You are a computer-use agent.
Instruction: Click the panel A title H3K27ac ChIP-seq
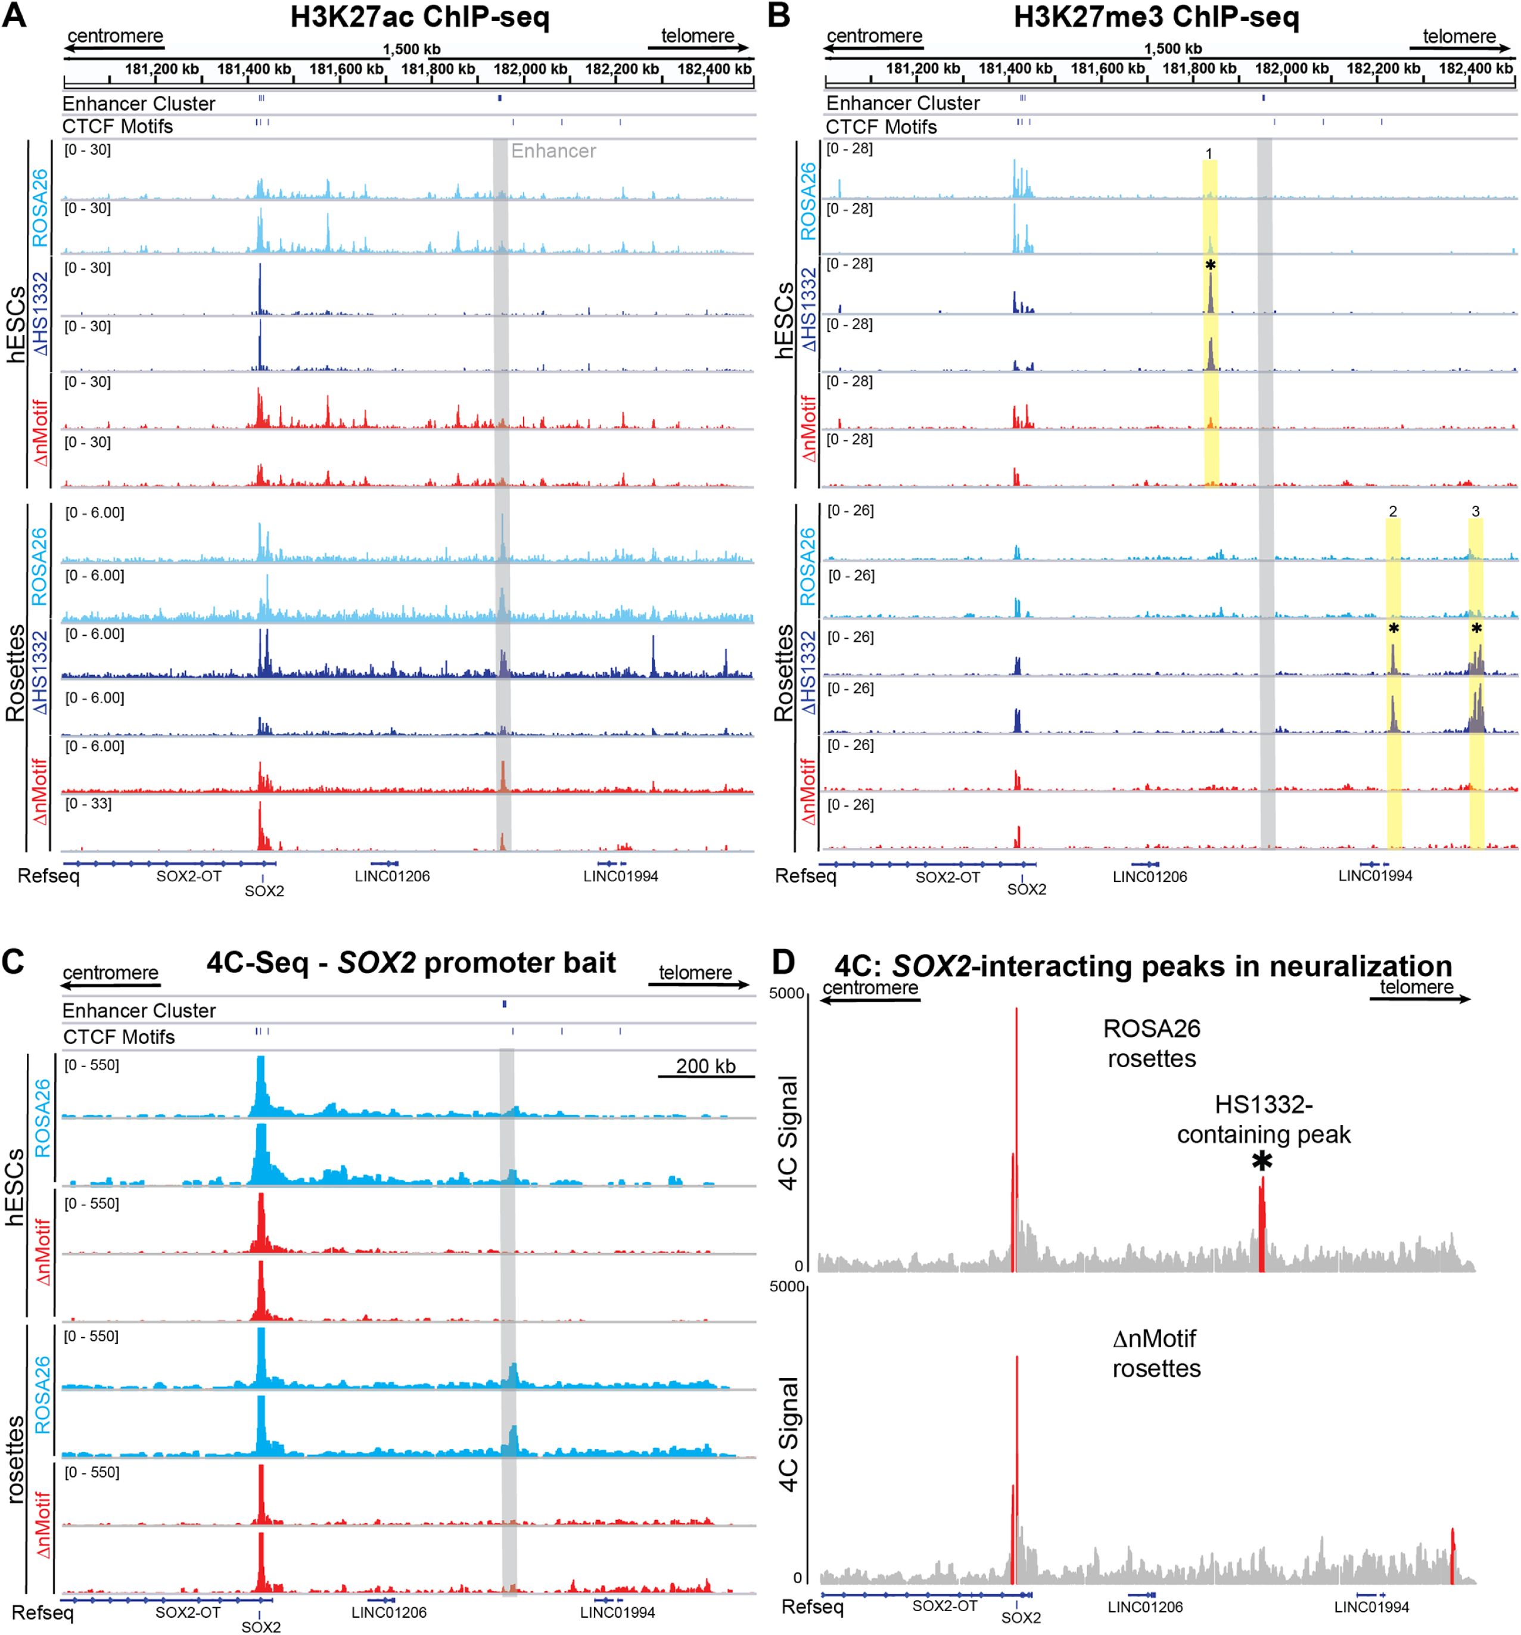pyautogui.click(x=419, y=17)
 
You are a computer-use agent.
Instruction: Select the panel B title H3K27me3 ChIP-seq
pyautogui.click(x=1156, y=17)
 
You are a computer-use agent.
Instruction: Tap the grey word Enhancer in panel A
pyautogui.click(x=553, y=151)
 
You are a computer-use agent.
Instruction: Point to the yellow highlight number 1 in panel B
pyautogui.click(x=1209, y=154)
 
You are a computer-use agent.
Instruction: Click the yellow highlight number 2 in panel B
pyautogui.click(x=1393, y=512)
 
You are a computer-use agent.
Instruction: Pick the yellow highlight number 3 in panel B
pyautogui.click(x=1476, y=512)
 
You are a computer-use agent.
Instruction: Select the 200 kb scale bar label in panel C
pyautogui.click(x=705, y=1066)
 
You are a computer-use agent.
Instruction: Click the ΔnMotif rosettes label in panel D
pyautogui.click(x=1156, y=1354)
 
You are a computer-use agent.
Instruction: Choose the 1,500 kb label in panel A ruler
pyautogui.click(x=411, y=49)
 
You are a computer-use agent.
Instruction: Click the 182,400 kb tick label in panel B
pyautogui.click(x=1475, y=69)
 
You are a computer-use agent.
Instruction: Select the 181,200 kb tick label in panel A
pyautogui.click(x=162, y=69)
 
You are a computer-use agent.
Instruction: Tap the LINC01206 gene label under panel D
pyautogui.click(x=1144, y=1607)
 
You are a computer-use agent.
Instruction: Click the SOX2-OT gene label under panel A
pyautogui.click(x=188, y=876)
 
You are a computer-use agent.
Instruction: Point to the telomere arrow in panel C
pyautogui.click(x=703, y=984)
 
